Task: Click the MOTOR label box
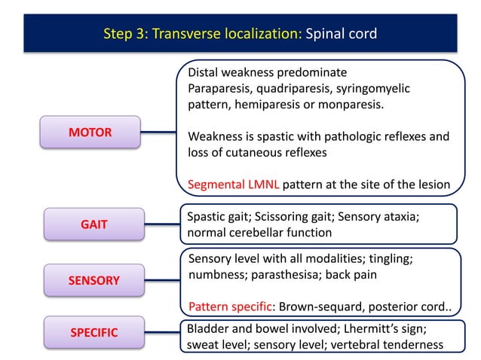click(x=90, y=133)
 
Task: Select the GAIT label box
click(x=93, y=224)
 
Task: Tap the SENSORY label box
click(x=93, y=280)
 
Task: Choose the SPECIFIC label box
click(x=93, y=332)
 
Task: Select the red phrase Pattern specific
click(x=229, y=307)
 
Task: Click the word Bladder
click(x=207, y=329)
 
